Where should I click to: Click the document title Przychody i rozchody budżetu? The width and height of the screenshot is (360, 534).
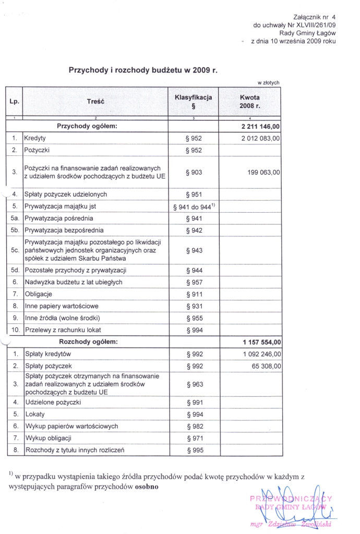pos(143,70)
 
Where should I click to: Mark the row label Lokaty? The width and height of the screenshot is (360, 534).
pos(35,414)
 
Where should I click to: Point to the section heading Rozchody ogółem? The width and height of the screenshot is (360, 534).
pos(89,342)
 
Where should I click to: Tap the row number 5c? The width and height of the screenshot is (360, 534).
pos(15,250)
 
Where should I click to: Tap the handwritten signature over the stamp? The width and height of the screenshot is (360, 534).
pos(295,503)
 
